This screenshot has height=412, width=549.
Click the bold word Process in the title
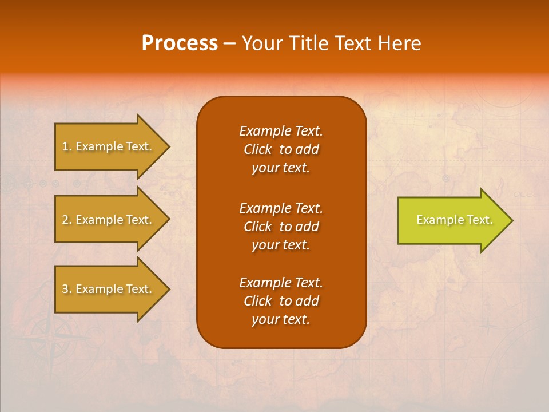click(180, 43)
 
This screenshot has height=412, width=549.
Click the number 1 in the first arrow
click(65, 146)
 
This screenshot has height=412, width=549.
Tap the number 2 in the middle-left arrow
click(65, 220)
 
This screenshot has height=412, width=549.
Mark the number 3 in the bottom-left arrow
click(65, 289)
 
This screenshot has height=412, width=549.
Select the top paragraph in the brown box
click(281, 149)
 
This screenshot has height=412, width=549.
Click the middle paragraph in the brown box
click(281, 227)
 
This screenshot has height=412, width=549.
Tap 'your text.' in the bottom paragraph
click(281, 319)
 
